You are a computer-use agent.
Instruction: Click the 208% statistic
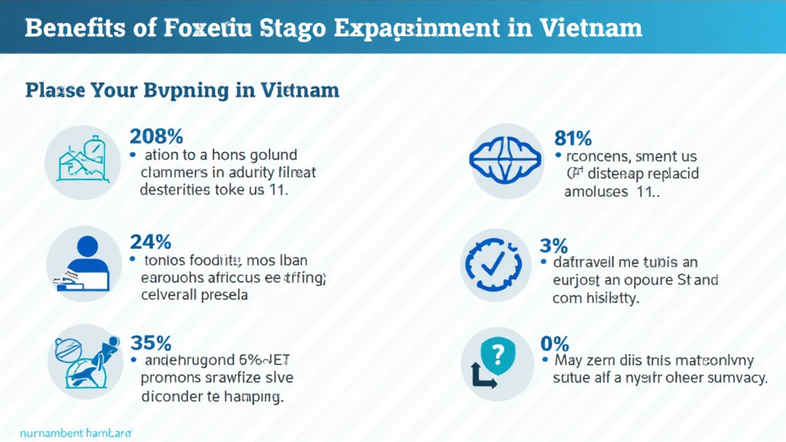tap(156, 136)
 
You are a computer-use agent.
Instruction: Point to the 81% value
tap(573, 138)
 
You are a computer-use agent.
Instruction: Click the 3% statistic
tap(553, 246)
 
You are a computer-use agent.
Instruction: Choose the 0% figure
tap(556, 342)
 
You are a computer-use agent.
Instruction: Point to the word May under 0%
tap(569, 360)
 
